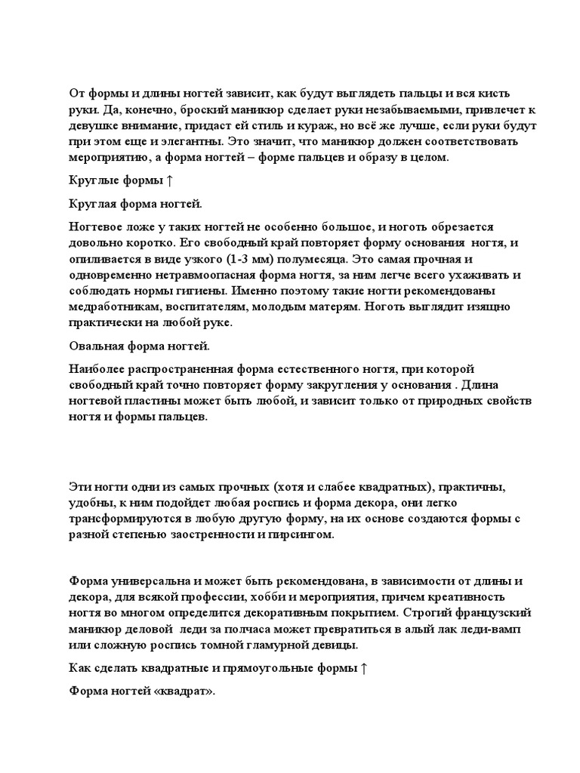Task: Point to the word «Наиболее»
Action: click(x=97, y=368)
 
